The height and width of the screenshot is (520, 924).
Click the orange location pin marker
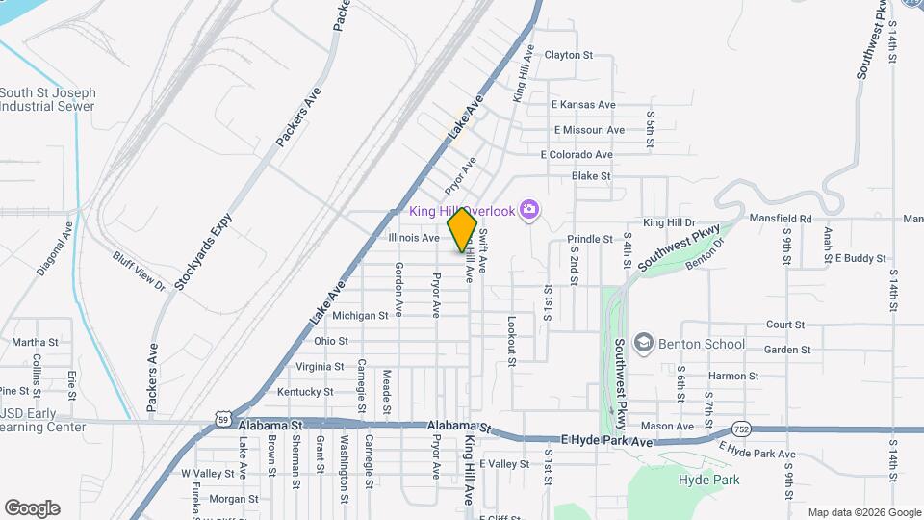click(x=462, y=229)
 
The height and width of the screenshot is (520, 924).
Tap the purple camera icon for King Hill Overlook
click(x=527, y=209)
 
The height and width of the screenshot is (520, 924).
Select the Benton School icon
click(x=643, y=344)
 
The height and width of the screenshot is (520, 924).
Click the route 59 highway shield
click(x=223, y=419)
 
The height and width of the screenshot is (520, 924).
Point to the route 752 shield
click(x=740, y=428)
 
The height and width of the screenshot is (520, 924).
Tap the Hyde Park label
click(x=708, y=480)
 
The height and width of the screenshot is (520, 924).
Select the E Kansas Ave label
click(x=582, y=105)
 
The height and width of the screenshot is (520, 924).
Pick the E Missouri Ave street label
click(x=589, y=130)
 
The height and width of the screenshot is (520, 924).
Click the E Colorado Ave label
click(x=577, y=154)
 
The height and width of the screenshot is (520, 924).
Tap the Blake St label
click(x=591, y=176)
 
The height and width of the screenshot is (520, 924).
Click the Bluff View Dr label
click(x=140, y=272)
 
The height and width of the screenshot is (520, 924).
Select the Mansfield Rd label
click(x=781, y=219)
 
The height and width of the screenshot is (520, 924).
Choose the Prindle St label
click(x=590, y=239)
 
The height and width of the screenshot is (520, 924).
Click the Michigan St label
click(x=359, y=315)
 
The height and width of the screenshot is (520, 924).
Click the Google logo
click(x=32, y=507)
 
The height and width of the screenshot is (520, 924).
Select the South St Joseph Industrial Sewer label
click(x=47, y=99)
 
